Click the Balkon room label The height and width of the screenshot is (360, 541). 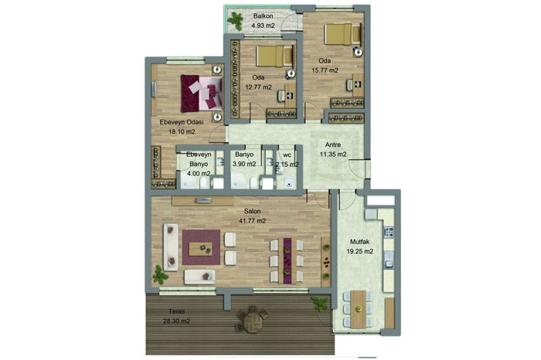pos(263,16)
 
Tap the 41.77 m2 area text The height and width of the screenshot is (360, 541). pos(252,221)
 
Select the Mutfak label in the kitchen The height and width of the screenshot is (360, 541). pos(359,242)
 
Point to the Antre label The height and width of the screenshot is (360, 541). pos(333,144)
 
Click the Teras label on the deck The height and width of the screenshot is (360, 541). pos(176,311)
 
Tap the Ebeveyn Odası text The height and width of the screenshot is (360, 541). pos(182,122)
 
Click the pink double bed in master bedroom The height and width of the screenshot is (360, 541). pos(202,93)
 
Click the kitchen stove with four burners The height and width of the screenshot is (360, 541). pos(389,232)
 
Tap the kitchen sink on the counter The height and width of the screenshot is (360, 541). pos(389,260)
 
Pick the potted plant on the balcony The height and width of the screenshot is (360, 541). pos(236,20)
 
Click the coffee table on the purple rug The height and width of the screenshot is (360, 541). pos(201,248)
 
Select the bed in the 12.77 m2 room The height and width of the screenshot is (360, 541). pos(275,56)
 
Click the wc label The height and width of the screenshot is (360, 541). pos(287,155)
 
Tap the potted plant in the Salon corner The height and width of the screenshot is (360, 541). pos(160,274)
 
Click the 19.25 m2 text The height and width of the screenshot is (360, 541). pos(359,251)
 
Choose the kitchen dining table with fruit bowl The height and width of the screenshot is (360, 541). pos(358,309)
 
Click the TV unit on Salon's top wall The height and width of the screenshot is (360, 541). pos(202,201)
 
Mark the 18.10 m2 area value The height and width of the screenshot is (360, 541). pos(182,131)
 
